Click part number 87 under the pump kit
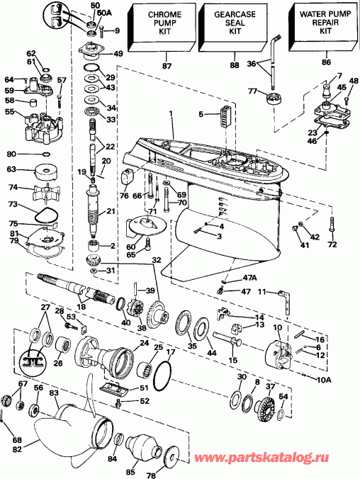point(167,66)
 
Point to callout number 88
point(235,66)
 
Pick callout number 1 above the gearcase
point(171,114)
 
